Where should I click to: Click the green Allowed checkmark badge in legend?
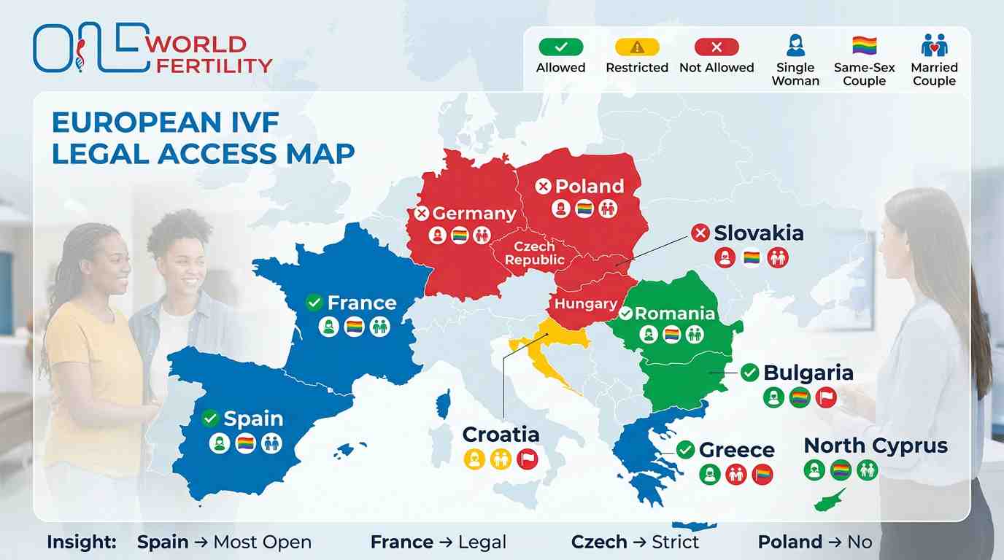pyautogui.click(x=560, y=47)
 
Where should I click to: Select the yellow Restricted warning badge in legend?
pyautogui.click(x=637, y=47)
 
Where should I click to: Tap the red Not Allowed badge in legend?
pyautogui.click(x=717, y=47)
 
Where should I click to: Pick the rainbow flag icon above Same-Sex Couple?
pyautogui.click(x=864, y=46)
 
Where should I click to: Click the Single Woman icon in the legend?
pyautogui.click(x=795, y=46)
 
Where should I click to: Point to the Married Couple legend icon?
pyautogui.click(x=933, y=46)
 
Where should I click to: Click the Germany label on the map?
pyautogui.click(x=474, y=214)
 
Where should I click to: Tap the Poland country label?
pyautogui.click(x=589, y=186)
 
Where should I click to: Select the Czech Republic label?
pyautogui.click(x=535, y=253)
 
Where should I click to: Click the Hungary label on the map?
pyautogui.click(x=586, y=303)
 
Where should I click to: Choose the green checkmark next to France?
pyautogui.click(x=314, y=302)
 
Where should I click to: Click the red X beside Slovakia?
pyautogui.click(x=700, y=233)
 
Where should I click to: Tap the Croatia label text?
pyautogui.click(x=501, y=435)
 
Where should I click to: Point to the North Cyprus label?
pyautogui.click(x=876, y=446)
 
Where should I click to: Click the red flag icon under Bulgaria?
pyautogui.click(x=826, y=397)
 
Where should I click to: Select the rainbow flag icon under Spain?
pyautogui.click(x=246, y=443)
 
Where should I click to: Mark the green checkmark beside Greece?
pyautogui.click(x=685, y=450)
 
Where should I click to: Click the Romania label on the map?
pyautogui.click(x=674, y=314)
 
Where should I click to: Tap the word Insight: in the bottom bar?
pyautogui.click(x=82, y=542)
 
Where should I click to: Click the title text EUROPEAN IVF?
pyautogui.click(x=166, y=122)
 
